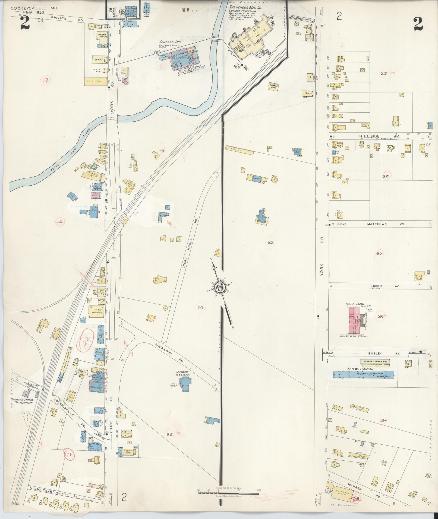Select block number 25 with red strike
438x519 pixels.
pos(379,253)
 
